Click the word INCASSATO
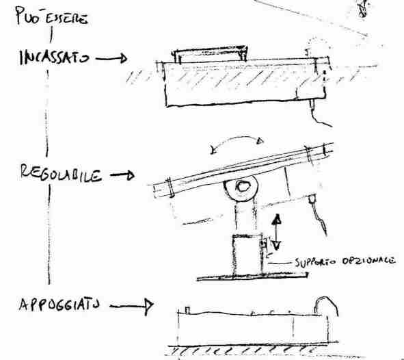point(55,57)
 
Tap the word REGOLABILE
point(61,173)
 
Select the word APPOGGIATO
point(59,305)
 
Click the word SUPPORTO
point(316,262)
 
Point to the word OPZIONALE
point(368,261)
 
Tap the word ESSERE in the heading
point(66,18)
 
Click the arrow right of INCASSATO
point(111,58)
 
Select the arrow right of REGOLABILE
point(122,175)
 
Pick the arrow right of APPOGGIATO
point(131,307)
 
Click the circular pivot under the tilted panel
point(241,187)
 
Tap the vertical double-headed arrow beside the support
point(276,231)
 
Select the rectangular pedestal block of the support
point(247,254)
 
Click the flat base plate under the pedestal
point(252,277)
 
